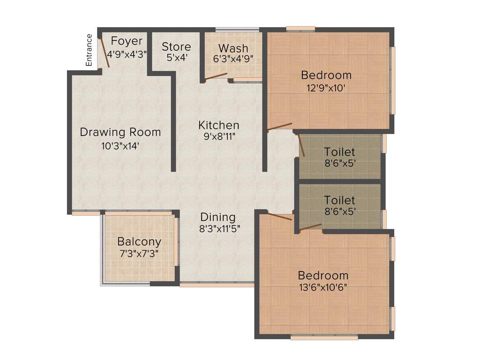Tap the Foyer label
tap(127, 41)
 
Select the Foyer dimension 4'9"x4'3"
tap(127, 53)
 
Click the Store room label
tap(176, 47)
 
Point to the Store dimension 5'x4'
tap(176, 58)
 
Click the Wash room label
tap(233, 48)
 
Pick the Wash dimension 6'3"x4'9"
tap(233, 60)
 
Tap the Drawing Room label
tap(120, 132)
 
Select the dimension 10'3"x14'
tap(120, 146)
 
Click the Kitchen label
tap(218, 125)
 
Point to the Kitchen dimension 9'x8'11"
tap(218, 137)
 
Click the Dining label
tap(217, 217)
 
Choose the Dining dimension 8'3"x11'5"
tap(217, 229)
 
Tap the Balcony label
tap(139, 242)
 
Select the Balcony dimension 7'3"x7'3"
tap(139, 254)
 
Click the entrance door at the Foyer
tap(104, 53)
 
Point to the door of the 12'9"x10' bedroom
tap(280, 126)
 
